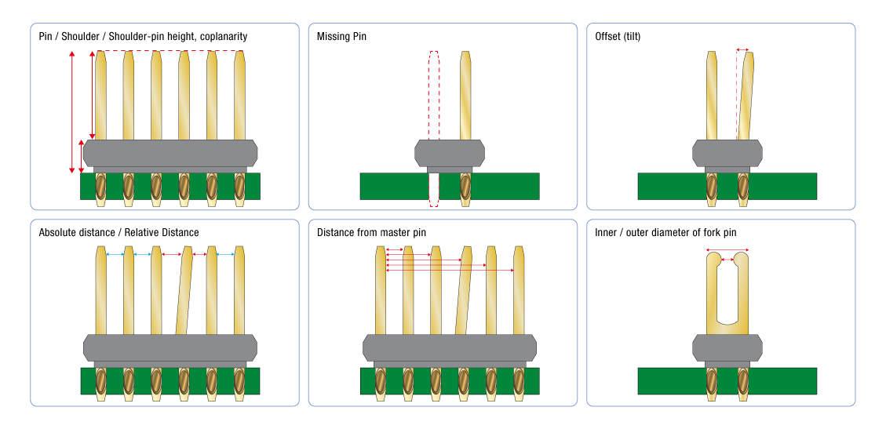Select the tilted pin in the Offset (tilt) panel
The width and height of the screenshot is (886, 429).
pyautogui.click(x=744, y=94)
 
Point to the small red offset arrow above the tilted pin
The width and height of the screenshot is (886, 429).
pyautogui.click(x=742, y=49)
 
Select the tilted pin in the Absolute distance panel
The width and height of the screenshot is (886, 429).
pyautogui.click(x=184, y=290)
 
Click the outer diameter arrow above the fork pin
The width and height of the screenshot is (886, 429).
pyautogui.click(x=727, y=250)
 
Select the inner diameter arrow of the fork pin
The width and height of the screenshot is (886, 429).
pyautogui.click(x=727, y=259)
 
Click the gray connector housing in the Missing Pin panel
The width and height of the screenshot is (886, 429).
pyautogui.click(x=450, y=153)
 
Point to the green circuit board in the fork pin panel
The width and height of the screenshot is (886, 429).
pyautogui.click(x=785, y=381)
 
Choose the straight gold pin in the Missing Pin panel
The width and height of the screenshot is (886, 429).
pyautogui.click(x=465, y=94)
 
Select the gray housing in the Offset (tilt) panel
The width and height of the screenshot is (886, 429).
pyautogui.click(x=727, y=153)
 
